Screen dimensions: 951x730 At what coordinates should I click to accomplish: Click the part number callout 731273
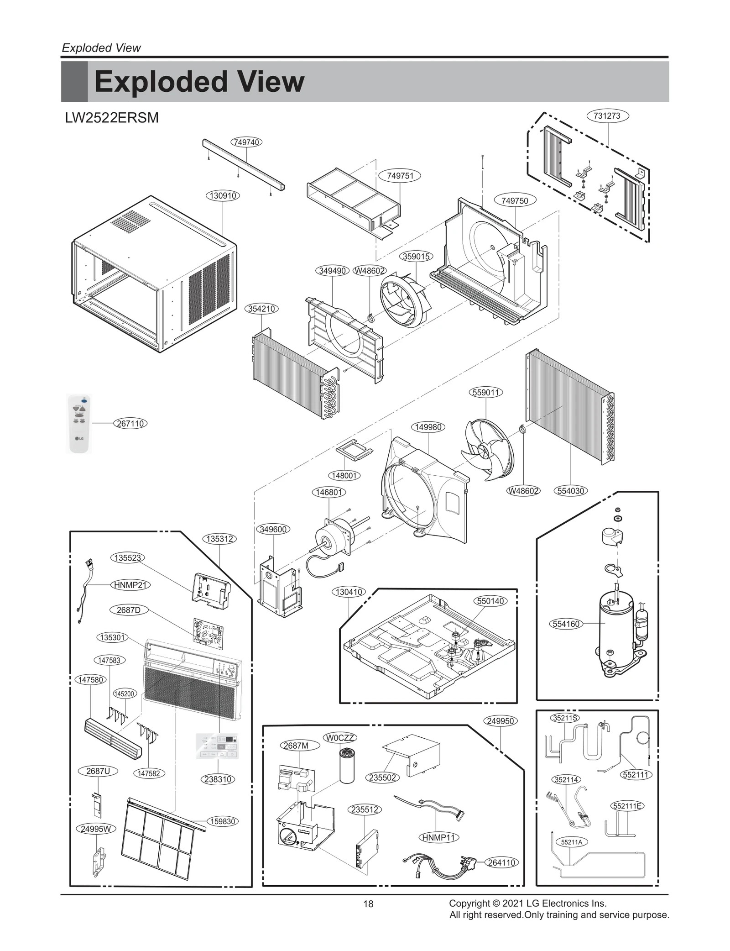(606, 116)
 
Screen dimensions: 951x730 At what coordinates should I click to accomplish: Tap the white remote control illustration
(79, 423)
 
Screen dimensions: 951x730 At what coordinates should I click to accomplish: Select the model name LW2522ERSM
(111, 118)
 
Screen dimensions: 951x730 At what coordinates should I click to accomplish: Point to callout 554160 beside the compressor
(566, 624)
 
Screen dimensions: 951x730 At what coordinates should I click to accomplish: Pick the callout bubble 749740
(246, 142)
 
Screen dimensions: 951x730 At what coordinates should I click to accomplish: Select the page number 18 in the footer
(368, 904)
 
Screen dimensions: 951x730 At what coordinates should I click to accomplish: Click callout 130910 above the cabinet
(223, 196)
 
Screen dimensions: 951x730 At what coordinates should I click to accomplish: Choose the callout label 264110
(501, 862)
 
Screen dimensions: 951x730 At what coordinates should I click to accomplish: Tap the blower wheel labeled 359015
(401, 299)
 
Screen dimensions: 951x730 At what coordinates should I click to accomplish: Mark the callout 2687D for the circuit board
(129, 610)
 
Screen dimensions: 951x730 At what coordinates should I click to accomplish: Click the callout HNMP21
(130, 585)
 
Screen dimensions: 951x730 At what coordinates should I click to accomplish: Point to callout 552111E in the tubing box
(627, 806)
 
